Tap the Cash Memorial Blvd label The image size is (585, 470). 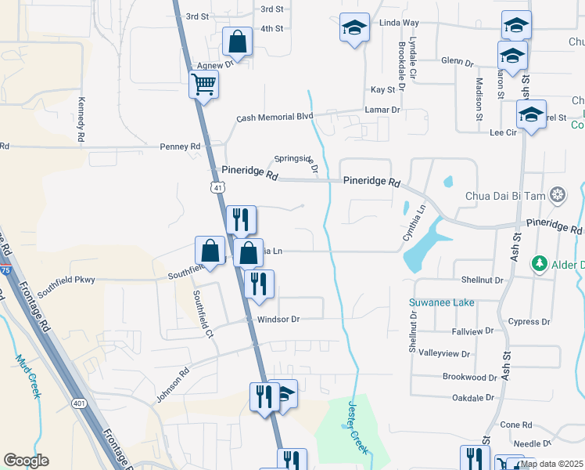point(275,117)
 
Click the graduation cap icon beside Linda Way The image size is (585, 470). point(354,28)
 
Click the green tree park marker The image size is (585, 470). point(538,263)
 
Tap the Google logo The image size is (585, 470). point(26,461)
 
